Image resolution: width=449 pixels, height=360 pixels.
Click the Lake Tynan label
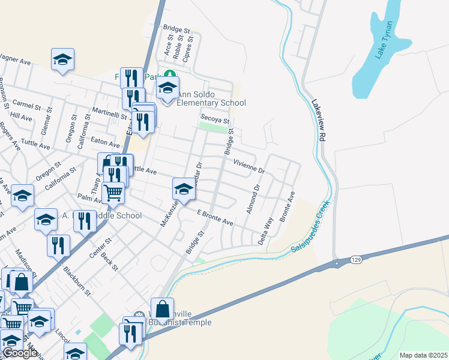384,40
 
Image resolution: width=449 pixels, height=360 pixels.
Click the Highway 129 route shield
339,262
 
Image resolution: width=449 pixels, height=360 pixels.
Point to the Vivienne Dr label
249,166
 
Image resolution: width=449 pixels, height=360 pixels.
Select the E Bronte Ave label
215,218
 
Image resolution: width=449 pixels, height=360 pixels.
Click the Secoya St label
215,117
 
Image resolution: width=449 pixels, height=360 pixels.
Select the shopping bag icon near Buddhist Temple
162,309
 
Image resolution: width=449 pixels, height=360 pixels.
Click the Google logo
19,353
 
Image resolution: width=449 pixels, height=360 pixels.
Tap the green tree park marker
170,74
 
